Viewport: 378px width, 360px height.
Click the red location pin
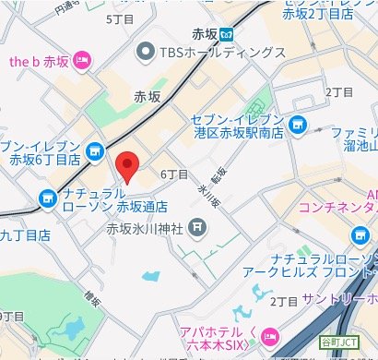click(x=129, y=165)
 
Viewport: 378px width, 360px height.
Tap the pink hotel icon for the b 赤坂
click(x=81, y=61)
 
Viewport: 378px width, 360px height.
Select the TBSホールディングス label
click(x=221, y=53)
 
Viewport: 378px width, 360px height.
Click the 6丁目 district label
click(x=174, y=174)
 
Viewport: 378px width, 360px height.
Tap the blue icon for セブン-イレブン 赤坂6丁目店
click(x=94, y=150)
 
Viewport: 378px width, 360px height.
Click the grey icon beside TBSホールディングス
click(x=146, y=53)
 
